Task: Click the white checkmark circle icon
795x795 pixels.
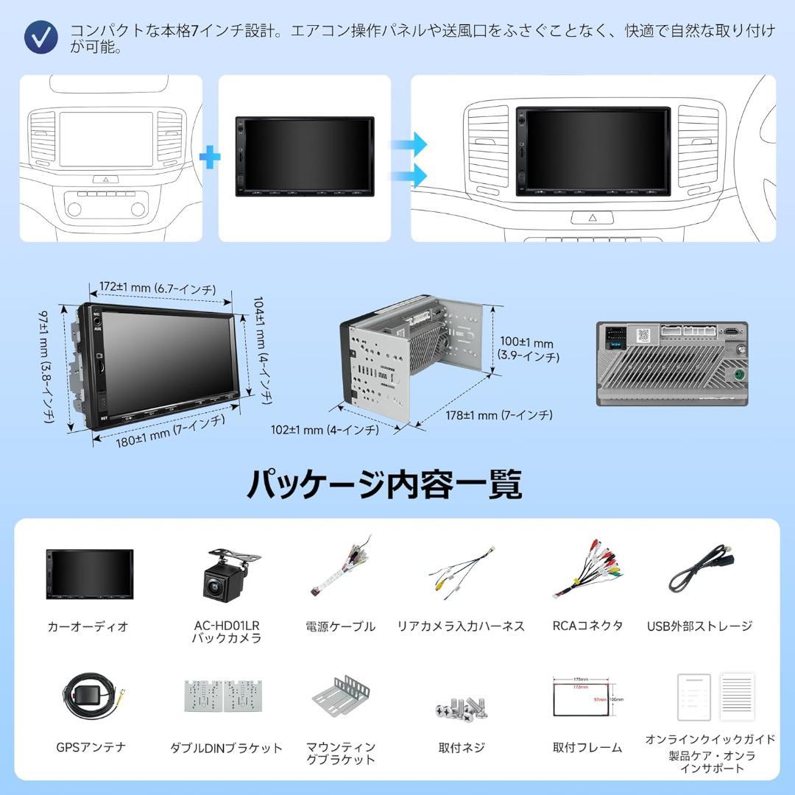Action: coord(41,36)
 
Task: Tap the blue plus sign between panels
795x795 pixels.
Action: coord(211,156)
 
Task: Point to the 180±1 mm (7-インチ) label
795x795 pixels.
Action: coord(170,432)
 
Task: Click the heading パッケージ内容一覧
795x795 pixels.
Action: coord(384,484)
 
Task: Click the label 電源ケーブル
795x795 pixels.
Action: coord(340,626)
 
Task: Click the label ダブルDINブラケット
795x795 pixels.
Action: coord(226,748)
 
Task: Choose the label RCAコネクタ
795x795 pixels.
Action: coord(587,626)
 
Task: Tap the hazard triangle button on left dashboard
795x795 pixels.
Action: coord(106,179)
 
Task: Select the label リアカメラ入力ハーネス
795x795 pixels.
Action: coord(461,626)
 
